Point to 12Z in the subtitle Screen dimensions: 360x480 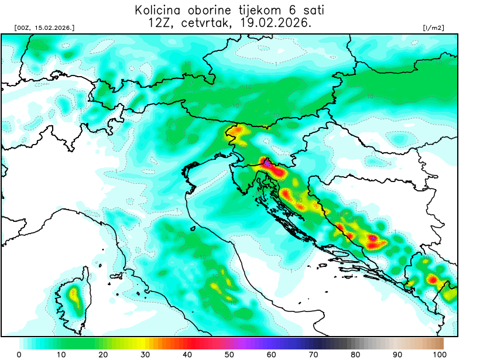point(162,23)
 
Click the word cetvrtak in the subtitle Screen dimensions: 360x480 point(213,23)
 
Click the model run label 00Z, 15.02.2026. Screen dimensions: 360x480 point(44,28)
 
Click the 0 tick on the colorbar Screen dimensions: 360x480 point(19,354)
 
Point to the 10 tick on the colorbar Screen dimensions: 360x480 point(61,354)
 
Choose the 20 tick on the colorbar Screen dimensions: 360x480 point(104,354)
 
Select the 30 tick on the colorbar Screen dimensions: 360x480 point(146,354)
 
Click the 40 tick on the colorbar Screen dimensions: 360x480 point(188,354)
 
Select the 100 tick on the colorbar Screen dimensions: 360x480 point(440,354)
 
